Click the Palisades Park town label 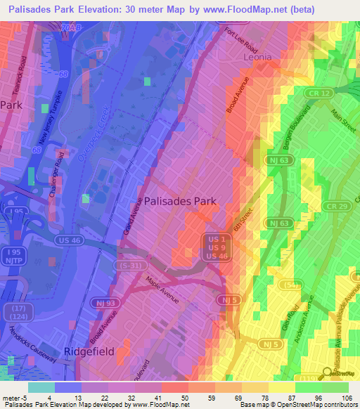tap(181, 201)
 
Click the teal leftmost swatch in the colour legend tap(41, 387)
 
